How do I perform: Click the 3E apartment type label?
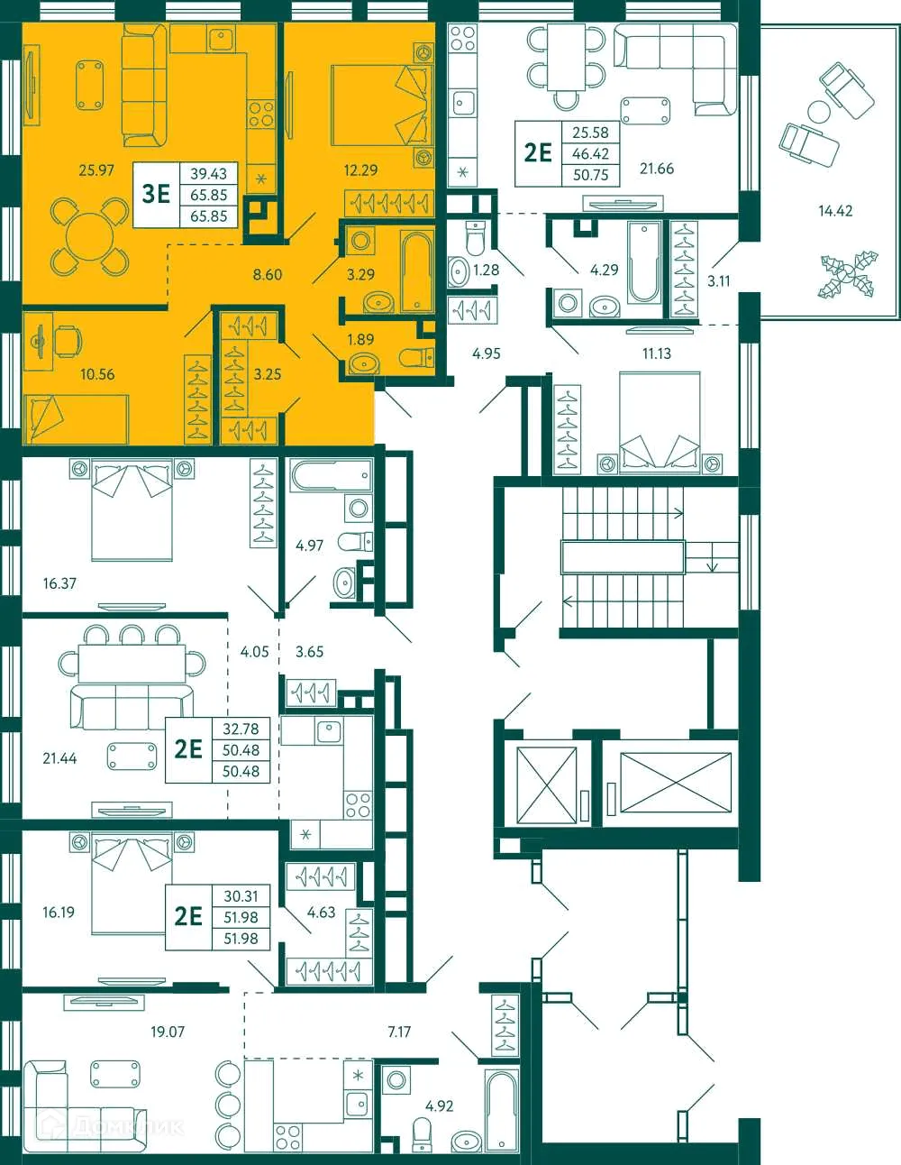tap(156, 194)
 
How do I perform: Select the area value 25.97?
tap(96, 170)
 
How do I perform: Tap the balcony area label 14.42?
tap(834, 211)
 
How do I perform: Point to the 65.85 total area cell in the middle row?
tap(208, 195)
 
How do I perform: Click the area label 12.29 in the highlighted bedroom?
tap(360, 170)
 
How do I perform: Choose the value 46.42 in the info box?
tap(590, 154)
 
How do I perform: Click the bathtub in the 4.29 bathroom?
tap(645, 261)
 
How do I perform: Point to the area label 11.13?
tap(656, 353)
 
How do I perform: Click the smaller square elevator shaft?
tap(546, 784)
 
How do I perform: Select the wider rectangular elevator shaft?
tap(676, 784)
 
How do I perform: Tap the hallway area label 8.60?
tap(268, 275)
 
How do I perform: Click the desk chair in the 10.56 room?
tap(67, 340)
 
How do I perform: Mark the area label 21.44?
tap(59, 758)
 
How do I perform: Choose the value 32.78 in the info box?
tap(241, 729)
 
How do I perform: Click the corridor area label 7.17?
tap(399, 1032)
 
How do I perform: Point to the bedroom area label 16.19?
tap(59, 913)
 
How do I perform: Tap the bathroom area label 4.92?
tap(440, 1105)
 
